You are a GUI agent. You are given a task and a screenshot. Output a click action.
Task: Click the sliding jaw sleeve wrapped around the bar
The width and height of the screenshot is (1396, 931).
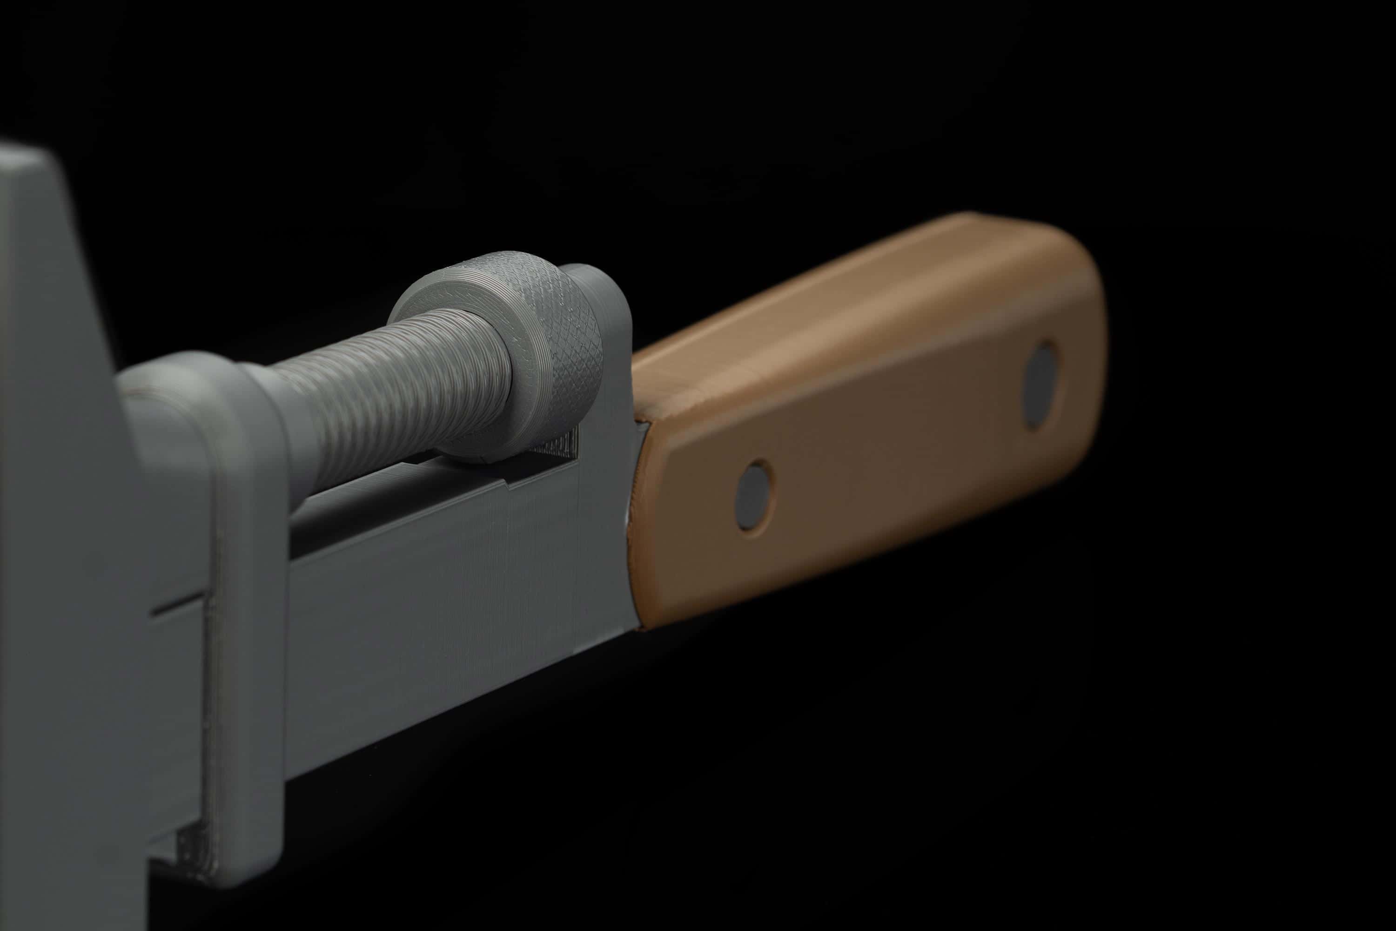243,594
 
